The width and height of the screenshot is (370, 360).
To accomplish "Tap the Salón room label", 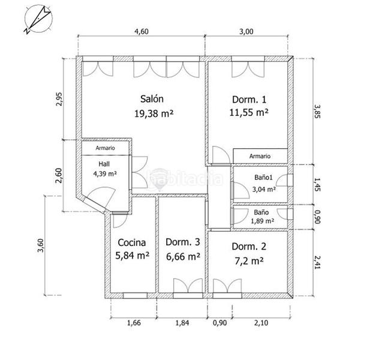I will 152,99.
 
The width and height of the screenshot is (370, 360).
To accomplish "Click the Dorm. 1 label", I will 248,100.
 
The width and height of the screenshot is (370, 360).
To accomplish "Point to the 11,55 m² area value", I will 248,112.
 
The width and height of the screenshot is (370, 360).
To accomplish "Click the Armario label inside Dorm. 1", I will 260,156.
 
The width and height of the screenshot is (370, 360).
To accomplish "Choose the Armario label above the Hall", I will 104,148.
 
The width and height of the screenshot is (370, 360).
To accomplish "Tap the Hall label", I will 104,163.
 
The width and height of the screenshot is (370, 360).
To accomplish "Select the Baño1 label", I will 263,178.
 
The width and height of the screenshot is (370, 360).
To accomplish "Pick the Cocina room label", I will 132,243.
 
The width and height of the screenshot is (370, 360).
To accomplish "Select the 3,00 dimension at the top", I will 246,32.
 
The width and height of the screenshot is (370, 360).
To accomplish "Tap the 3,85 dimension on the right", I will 326,111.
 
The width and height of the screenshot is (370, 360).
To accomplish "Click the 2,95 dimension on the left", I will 58,99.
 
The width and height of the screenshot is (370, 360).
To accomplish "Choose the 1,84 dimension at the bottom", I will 182,325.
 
